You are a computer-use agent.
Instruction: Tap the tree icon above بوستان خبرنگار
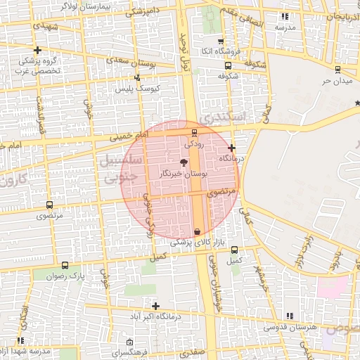(184, 162)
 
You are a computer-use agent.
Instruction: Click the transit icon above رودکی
(195, 132)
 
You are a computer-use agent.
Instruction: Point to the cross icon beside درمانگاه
(231, 148)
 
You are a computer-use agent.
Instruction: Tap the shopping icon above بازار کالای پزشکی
(197, 231)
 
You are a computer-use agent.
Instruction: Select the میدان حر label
(336, 81)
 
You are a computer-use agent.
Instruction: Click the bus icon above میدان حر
(338, 70)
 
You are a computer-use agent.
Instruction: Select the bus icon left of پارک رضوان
(65, 266)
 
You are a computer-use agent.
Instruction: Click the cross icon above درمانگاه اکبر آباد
(155, 306)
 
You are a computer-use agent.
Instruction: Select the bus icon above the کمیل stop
(234, 250)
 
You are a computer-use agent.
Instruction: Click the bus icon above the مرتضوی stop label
(49, 205)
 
